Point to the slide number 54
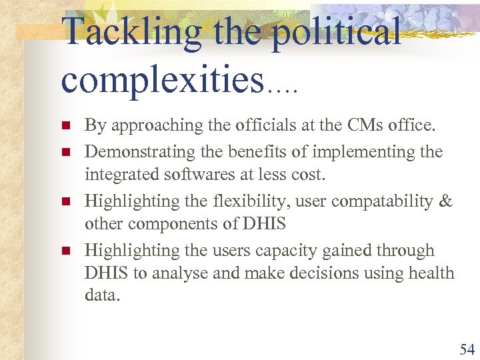pos(466,349)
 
